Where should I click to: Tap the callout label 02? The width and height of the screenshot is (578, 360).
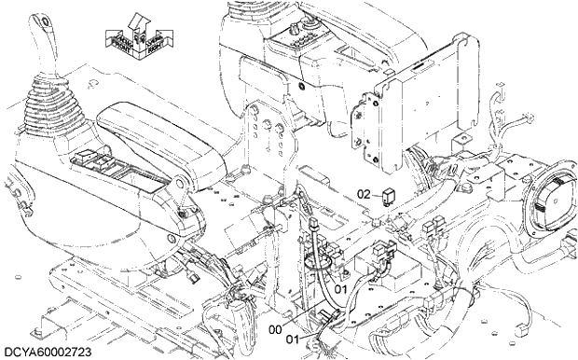tap(365, 194)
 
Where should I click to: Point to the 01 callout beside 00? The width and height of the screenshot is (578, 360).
tap(293, 338)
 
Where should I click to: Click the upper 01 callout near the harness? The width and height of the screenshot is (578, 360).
tap(341, 289)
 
